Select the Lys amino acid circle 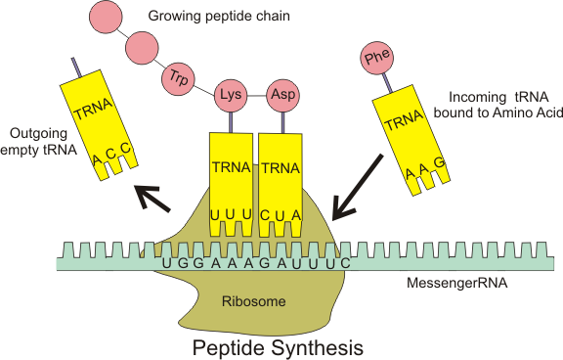(x=231, y=96)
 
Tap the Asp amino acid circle (x=281, y=96)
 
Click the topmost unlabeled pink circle (x=107, y=16)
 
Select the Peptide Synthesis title (x=278, y=346)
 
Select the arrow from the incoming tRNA (x=357, y=186)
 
